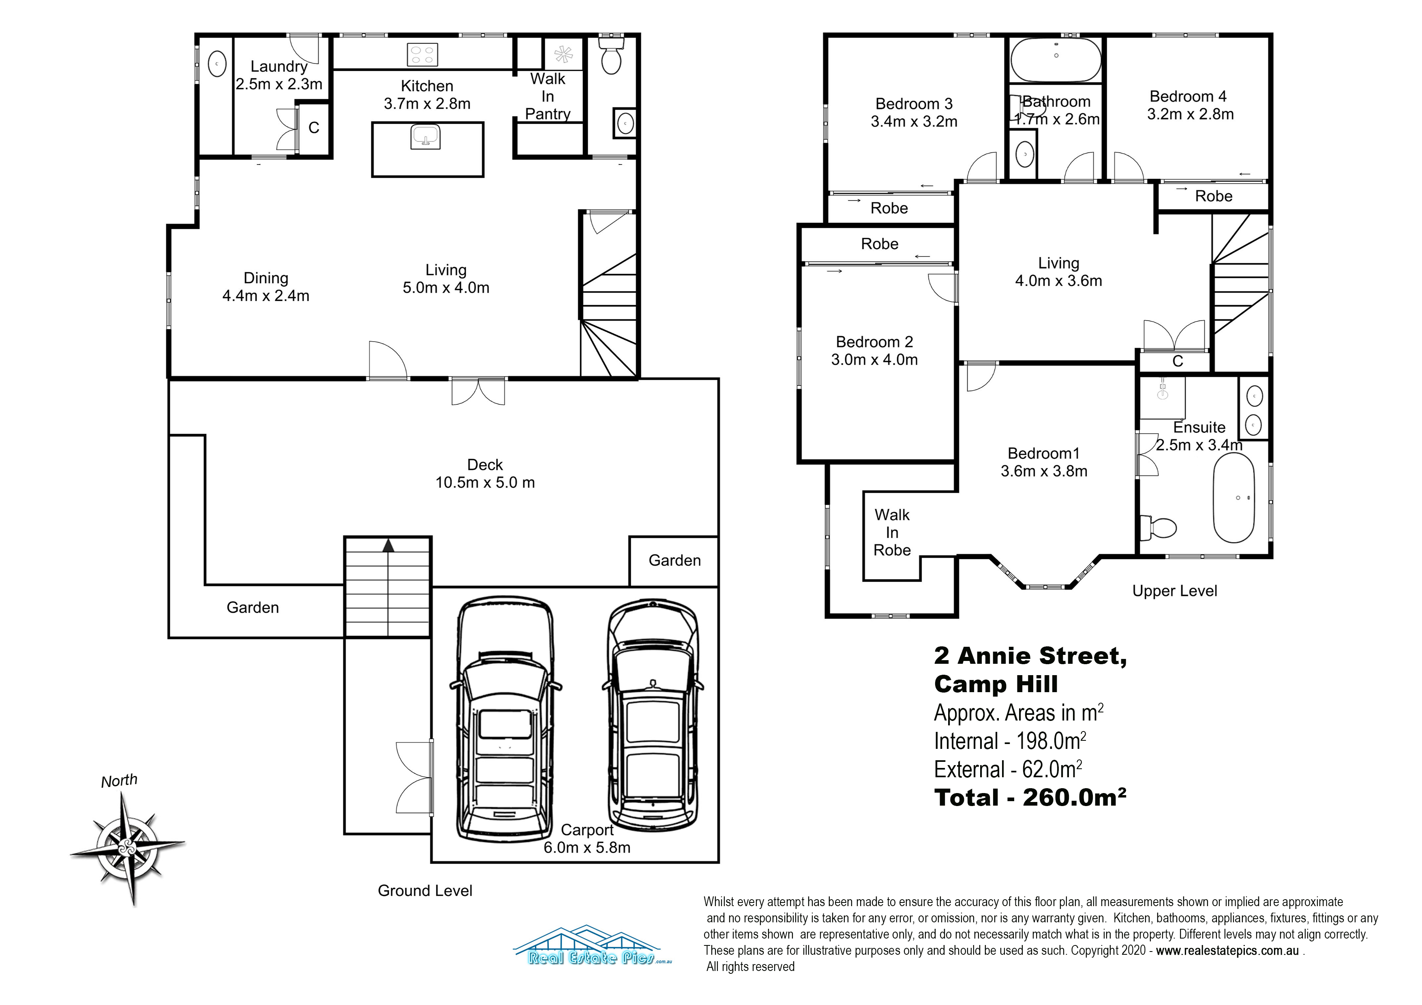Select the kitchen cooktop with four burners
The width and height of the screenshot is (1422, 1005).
(x=422, y=54)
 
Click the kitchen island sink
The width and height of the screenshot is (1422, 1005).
(x=426, y=136)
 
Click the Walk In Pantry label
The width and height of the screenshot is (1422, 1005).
(x=548, y=96)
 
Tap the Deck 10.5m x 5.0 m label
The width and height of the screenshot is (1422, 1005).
(x=485, y=474)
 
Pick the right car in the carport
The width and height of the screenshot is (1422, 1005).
(x=653, y=715)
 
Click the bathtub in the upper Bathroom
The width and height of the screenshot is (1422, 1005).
(x=1056, y=60)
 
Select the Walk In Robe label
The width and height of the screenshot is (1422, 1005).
(x=892, y=532)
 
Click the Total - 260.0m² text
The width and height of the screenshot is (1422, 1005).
(x=1030, y=798)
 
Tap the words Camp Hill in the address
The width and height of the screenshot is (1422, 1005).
(x=996, y=684)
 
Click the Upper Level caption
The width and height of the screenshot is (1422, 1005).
(x=1174, y=591)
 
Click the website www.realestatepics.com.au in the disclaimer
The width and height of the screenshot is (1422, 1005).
(x=1227, y=951)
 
